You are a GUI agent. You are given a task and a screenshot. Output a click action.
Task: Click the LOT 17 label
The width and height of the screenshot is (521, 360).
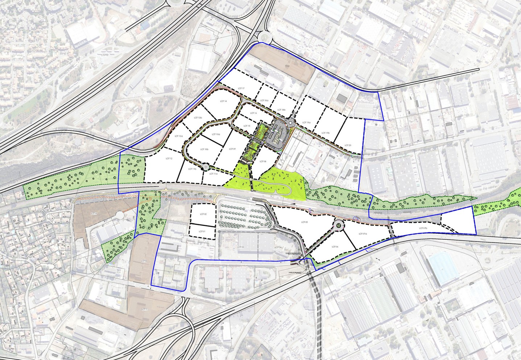click(x=241, y=89)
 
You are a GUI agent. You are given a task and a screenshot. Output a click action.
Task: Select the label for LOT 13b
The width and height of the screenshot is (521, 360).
click(x=198, y=118)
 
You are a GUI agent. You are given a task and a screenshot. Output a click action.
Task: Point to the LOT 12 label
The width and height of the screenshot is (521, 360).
click(x=169, y=159)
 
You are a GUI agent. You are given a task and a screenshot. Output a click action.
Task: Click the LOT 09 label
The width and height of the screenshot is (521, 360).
click(x=232, y=149)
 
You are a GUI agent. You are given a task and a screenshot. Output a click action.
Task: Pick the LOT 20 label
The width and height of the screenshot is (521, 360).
click(x=348, y=145)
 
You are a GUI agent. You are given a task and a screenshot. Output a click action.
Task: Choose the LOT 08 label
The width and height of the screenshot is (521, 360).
click(x=263, y=161)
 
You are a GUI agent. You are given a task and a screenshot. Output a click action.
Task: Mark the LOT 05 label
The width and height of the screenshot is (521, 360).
click(x=304, y=222)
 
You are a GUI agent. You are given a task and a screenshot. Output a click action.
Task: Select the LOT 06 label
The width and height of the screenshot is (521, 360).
click(x=334, y=247)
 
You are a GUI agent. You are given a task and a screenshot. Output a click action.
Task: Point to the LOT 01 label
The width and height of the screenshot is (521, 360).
click(x=202, y=232)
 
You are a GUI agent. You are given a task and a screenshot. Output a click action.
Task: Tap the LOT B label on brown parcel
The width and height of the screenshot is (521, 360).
click(x=144, y=261)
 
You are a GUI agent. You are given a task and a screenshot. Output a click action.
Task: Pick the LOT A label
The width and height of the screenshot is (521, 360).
click(x=95, y=214)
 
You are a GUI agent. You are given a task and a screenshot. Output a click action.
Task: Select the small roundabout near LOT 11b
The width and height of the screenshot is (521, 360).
click(x=206, y=166)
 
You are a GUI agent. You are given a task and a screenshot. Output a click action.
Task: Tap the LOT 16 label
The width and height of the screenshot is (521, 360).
click(x=253, y=113)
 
